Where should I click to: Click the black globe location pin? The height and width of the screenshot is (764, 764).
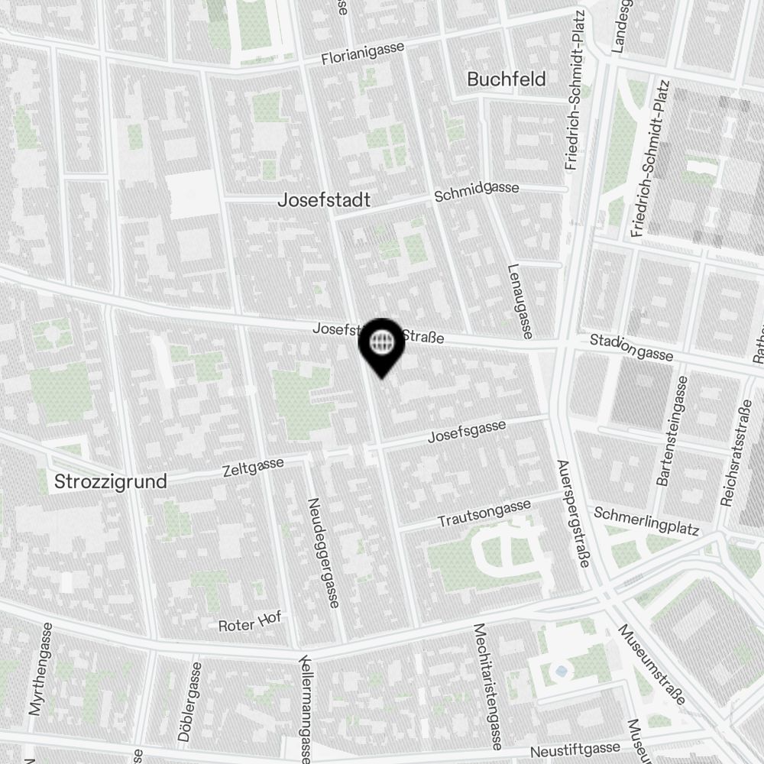pos(381,344)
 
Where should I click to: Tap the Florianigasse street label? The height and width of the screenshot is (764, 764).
pos(362,53)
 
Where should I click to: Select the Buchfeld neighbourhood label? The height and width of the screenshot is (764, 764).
pos(506,79)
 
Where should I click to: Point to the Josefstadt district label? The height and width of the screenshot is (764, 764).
pos(324,200)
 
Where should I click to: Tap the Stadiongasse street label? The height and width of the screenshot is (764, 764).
pos(631,348)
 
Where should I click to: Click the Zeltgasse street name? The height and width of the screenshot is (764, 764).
pos(253,466)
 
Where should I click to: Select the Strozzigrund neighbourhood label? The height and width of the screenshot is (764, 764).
pos(110,482)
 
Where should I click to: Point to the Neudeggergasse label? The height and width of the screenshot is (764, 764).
pos(323,553)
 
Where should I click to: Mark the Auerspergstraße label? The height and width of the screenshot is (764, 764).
pos(573,513)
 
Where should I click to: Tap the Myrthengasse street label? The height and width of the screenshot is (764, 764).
pos(40,668)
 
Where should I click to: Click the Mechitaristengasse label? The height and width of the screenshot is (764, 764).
pos(487,675)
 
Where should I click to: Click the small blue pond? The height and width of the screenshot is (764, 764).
pos(562,670)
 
